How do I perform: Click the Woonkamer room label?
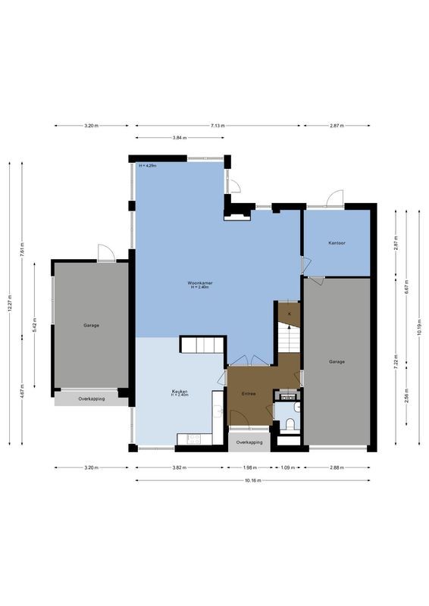click(x=200, y=283)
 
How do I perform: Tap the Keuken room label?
click(x=180, y=392)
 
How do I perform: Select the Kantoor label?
click(x=337, y=243)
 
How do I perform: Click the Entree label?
click(x=249, y=394)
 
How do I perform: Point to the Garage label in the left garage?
click(x=92, y=325)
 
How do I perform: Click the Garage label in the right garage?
click(x=337, y=361)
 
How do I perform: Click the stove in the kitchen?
click(x=189, y=438)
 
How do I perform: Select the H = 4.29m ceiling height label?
click(x=147, y=165)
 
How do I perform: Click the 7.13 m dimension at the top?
click(x=217, y=126)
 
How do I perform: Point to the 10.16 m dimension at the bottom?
click(x=252, y=480)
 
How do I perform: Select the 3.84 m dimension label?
click(x=180, y=138)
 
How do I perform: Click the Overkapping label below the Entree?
click(x=249, y=442)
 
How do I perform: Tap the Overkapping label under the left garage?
click(x=91, y=398)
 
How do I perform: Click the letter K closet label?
click(x=289, y=313)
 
